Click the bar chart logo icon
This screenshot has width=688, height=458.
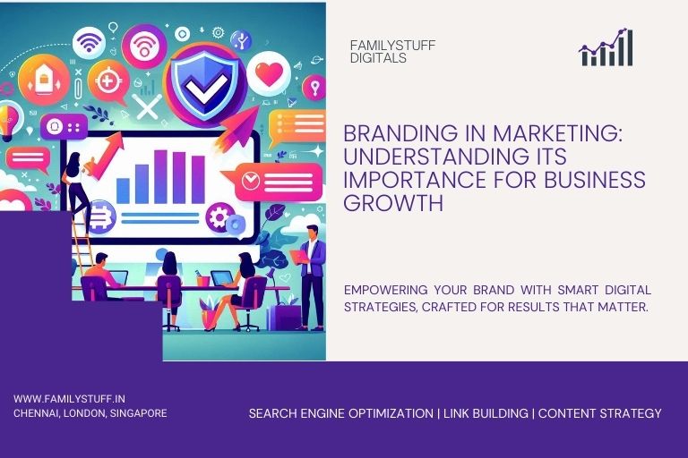tap(606, 48)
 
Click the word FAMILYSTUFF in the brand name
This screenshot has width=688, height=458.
tap(392, 45)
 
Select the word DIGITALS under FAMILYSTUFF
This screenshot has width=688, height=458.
tap(378, 58)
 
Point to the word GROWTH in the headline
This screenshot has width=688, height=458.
tap(393, 203)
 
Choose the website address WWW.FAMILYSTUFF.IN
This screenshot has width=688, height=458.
tap(70, 398)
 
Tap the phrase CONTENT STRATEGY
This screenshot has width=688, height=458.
tap(599, 413)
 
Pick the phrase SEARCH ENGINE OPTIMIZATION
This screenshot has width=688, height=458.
tap(340, 413)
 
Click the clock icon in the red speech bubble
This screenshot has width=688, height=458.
tap(252, 181)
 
